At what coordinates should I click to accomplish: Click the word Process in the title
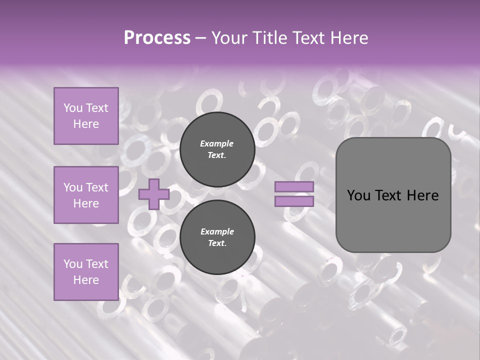point(157,38)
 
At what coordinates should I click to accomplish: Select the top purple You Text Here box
point(86,116)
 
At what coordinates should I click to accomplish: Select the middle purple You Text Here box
point(86,195)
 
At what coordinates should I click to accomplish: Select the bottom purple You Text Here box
point(86,272)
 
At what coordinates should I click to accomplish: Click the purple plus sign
point(154,194)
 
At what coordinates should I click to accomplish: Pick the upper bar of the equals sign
point(294,187)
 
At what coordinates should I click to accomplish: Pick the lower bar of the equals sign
point(294,201)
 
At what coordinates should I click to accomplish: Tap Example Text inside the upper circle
point(217,149)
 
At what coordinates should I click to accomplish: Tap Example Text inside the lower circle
point(217,237)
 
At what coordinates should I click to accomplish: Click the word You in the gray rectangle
point(358,195)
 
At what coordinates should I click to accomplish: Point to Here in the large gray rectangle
point(422,195)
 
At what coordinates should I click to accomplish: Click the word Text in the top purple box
point(97,108)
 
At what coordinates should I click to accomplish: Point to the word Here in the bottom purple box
point(86,280)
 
